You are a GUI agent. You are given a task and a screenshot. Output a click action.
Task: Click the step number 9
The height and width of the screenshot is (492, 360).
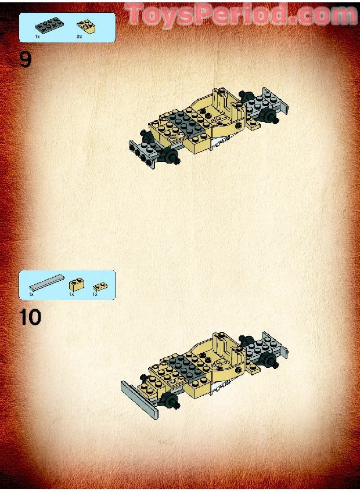tap(26, 59)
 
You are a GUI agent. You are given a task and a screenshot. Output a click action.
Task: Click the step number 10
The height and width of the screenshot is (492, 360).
tap(30, 317)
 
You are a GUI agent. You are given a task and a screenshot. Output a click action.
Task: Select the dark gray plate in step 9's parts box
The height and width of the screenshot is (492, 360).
tap(48, 25)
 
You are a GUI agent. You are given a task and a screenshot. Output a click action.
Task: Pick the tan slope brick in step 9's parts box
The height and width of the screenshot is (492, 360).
tap(86, 26)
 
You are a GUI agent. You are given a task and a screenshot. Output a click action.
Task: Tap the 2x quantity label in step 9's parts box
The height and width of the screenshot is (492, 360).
tap(80, 37)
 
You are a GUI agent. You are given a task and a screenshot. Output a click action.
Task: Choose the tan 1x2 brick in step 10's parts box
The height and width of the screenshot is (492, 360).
tap(75, 284)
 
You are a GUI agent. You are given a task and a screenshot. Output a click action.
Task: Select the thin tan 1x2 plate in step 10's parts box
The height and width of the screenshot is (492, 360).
tap(100, 285)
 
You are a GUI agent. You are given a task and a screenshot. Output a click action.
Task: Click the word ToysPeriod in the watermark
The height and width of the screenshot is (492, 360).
tap(207, 14)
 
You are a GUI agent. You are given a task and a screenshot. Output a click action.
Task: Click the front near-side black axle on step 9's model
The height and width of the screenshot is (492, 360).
tap(172, 157)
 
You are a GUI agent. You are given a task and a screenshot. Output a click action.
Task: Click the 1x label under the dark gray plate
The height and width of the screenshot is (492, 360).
tap(38, 37)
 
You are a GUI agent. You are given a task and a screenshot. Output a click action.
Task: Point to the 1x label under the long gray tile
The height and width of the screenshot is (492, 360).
tap(32, 295)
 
